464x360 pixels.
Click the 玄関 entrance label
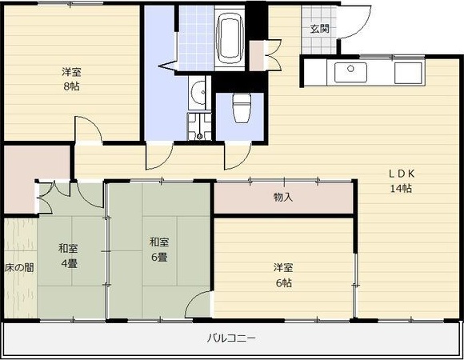coord(319,29)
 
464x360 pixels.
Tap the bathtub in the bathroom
coord(230,37)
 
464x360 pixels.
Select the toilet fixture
coord(242,108)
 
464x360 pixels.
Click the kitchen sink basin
coord(350,73)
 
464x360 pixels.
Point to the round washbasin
coord(198,92)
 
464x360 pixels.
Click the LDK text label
coord(402,174)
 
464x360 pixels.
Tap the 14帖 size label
coord(401,189)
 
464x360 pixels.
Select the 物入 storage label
coord(283,197)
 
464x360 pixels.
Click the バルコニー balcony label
coord(231,338)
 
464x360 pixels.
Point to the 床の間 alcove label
coord(19,268)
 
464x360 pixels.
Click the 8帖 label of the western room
coord(71,86)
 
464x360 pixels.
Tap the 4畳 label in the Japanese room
coord(69,263)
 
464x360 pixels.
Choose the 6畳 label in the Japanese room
coord(159,257)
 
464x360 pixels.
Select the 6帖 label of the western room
coord(284,283)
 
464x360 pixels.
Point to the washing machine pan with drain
coord(199,126)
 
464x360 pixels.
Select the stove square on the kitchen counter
coord(408,73)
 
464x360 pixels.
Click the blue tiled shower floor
coord(196,38)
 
